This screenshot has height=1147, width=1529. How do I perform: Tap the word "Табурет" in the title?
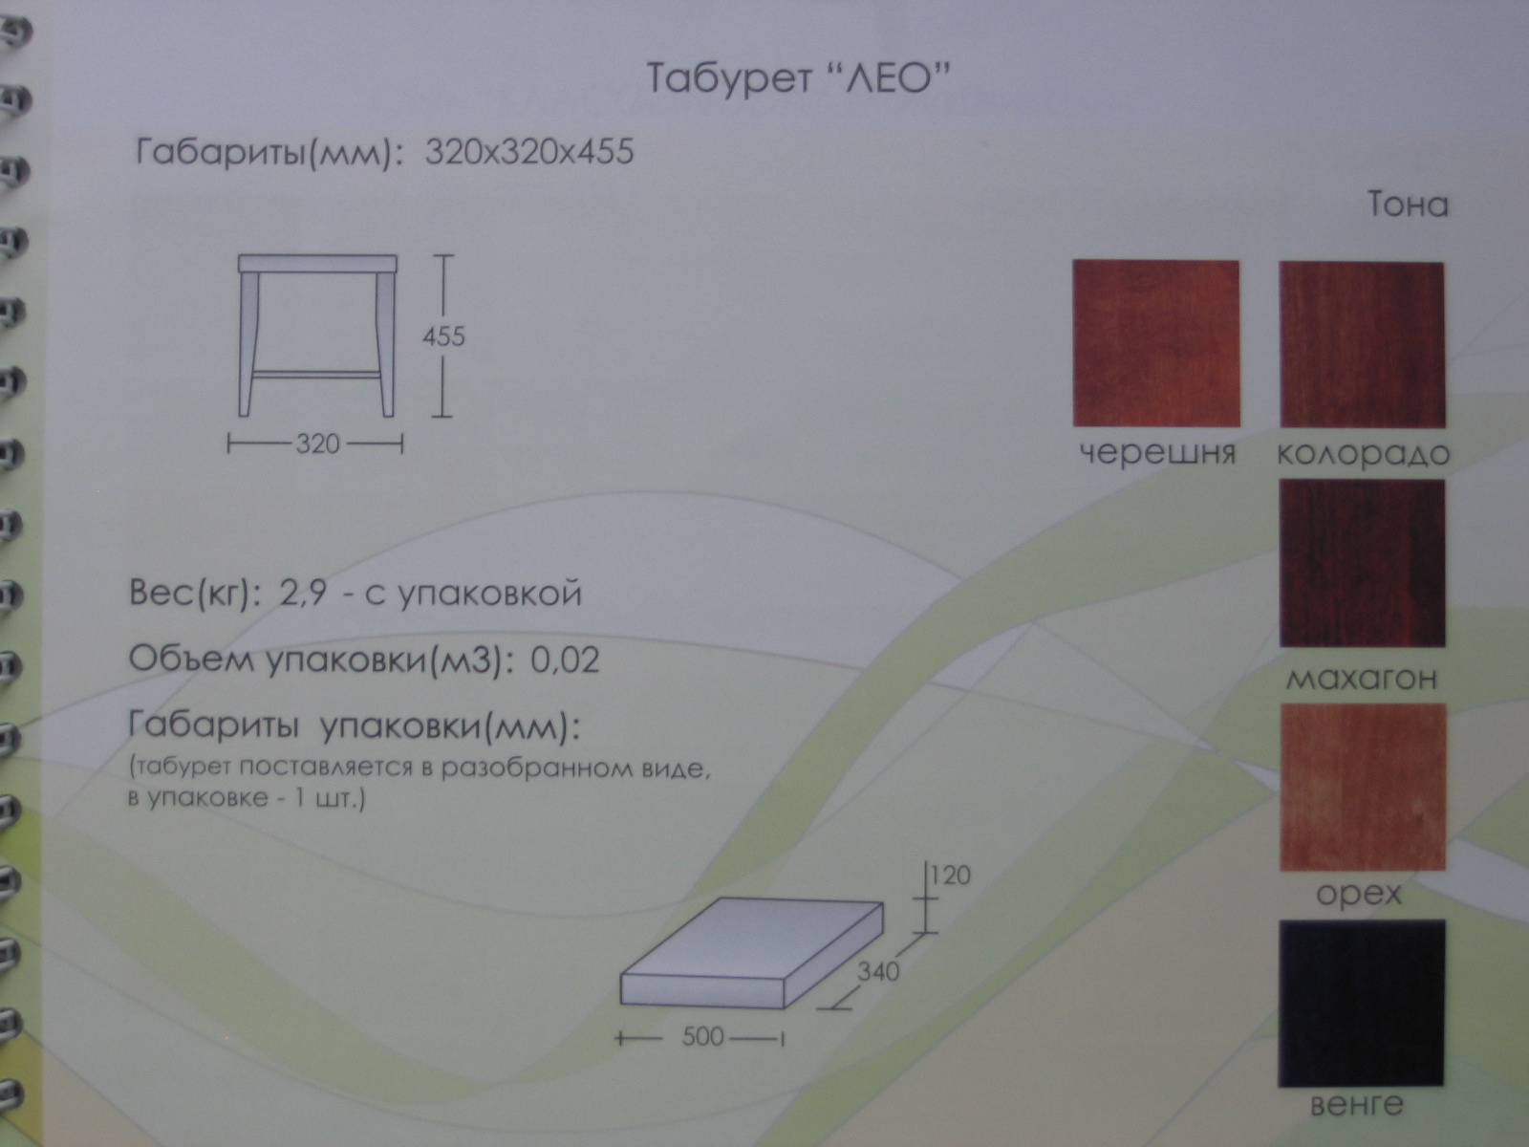click(x=729, y=78)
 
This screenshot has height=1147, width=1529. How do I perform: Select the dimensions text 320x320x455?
click(x=529, y=152)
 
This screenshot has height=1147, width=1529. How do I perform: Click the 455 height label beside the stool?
click(x=443, y=337)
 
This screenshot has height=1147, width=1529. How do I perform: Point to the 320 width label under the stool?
click(x=317, y=444)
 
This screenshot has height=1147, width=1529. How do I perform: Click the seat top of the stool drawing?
click(x=317, y=263)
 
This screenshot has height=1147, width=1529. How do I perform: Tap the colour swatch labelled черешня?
click(x=1156, y=343)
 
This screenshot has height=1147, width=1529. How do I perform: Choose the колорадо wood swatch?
click(x=1362, y=345)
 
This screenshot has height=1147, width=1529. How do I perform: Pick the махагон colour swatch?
click(x=1362, y=563)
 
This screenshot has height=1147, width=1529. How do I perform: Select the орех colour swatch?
click(x=1363, y=787)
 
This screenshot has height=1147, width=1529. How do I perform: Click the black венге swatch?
click(x=1362, y=1003)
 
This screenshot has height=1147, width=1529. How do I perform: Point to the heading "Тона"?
click(x=1408, y=205)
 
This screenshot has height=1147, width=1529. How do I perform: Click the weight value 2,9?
click(x=302, y=594)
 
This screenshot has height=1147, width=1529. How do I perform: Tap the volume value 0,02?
click(x=565, y=660)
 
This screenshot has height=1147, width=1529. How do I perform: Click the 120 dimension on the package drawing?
click(x=950, y=875)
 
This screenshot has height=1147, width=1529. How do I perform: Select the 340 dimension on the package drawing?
click(x=877, y=971)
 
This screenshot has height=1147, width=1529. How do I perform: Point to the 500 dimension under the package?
click(x=702, y=1037)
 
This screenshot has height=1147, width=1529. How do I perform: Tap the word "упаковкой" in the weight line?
click(x=489, y=594)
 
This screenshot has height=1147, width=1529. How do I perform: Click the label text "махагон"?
click(x=1361, y=678)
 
